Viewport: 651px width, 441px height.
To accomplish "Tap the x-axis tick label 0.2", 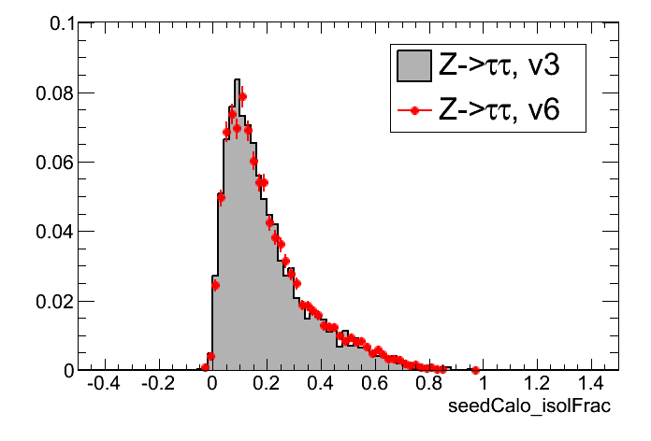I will click(267, 385).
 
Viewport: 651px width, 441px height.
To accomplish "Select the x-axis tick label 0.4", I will click(321, 385).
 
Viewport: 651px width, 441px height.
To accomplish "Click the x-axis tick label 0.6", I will click(375, 385).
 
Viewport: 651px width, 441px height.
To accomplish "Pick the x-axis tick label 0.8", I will click(429, 385).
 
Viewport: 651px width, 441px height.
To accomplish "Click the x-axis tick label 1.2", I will click(538, 385).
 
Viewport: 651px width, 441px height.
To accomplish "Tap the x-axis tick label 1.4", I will click(592, 385).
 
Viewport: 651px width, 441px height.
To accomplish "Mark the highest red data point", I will click(242, 96).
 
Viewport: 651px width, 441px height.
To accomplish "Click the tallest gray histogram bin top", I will click(238, 79).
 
